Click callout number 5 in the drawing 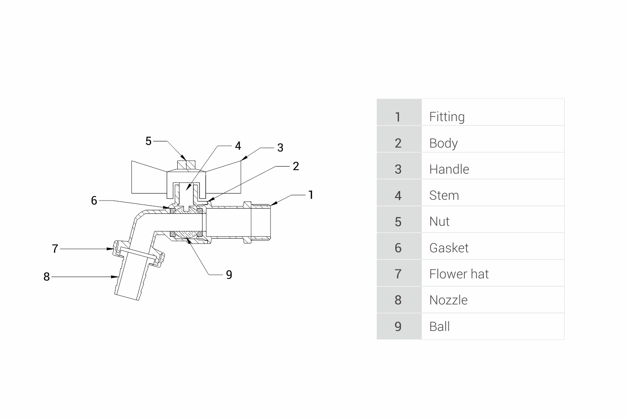tap(149, 141)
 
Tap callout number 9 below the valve tap(229, 275)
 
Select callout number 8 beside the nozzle tap(46, 277)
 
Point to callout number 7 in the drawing tap(55, 249)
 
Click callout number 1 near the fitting tap(311, 195)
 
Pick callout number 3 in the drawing tap(280, 148)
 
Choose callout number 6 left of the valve tap(94, 201)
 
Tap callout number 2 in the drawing tap(296, 167)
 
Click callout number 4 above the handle tap(238, 146)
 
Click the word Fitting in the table tap(447, 117)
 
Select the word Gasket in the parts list tap(448, 248)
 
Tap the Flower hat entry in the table tap(459, 274)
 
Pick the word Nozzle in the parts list tap(448, 300)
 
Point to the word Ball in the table tap(439, 327)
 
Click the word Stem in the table tap(444, 195)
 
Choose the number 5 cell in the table tap(398, 222)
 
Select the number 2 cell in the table tap(398, 143)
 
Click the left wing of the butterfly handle tap(149, 177)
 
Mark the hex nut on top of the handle tap(186, 165)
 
